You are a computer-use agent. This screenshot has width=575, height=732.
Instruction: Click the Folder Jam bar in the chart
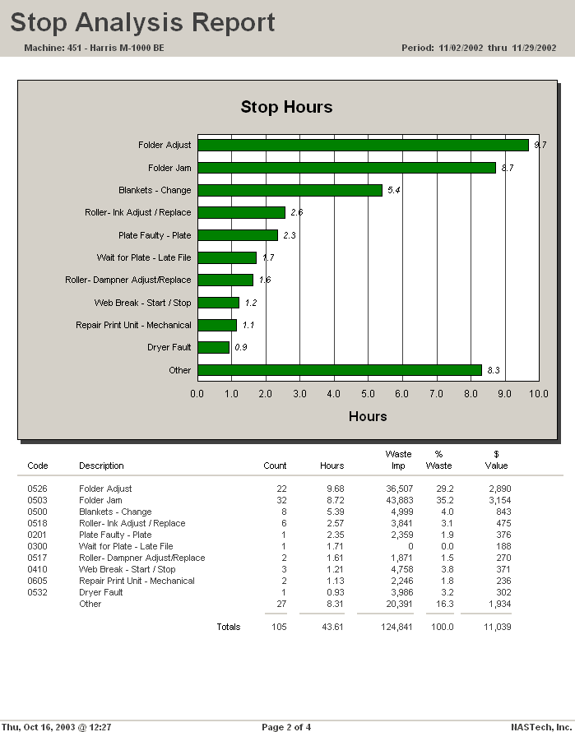[x=346, y=168]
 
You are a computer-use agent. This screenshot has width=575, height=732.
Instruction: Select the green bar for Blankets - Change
[x=290, y=190]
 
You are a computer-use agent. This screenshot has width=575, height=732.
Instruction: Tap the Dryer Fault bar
[x=213, y=347]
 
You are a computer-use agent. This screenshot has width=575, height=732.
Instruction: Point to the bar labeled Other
[x=340, y=370]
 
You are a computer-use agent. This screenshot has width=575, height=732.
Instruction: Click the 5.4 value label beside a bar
[x=394, y=190]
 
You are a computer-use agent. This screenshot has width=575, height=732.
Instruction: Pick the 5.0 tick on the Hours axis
[x=368, y=394]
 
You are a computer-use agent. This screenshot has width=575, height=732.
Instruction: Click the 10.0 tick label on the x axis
[x=539, y=394]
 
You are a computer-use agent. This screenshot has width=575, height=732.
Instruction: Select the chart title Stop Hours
[x=286, y=107]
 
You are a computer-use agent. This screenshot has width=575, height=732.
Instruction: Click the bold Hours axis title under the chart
[x=368, y=416]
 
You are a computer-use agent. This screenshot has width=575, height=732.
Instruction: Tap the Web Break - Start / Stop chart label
[x=142, y=303]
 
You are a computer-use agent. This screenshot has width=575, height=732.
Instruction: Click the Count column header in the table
[x=275, y=466]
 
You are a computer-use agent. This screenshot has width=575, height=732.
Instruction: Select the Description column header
[x=101, y=466]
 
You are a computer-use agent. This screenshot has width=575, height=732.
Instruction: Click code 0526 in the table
[x=37, y=489]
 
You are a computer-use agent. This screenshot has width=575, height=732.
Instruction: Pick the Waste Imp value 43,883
[x=399, y=500]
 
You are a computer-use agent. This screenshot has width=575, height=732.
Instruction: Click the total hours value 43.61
[x=332, y=627]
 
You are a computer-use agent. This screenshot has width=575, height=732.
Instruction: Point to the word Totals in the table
[x=229, y=627]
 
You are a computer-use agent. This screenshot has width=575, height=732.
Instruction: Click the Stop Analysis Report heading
[x=142, y=22]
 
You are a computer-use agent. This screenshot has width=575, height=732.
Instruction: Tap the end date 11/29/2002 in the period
[x=534, y=48]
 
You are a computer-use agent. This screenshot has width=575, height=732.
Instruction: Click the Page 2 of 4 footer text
[x=286, y=727]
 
